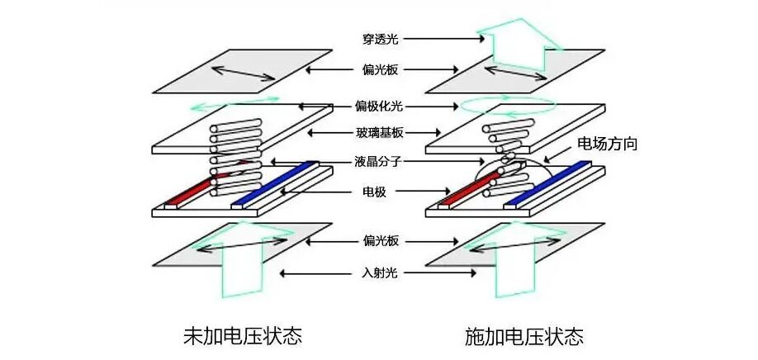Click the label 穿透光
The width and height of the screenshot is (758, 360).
click(379, 38)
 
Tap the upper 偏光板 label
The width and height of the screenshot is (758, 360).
click(380, 70)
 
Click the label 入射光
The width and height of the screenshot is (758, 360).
click(380, 272)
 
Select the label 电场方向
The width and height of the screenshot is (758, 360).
click(606, 144)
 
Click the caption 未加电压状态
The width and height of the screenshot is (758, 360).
click(241, 337)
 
